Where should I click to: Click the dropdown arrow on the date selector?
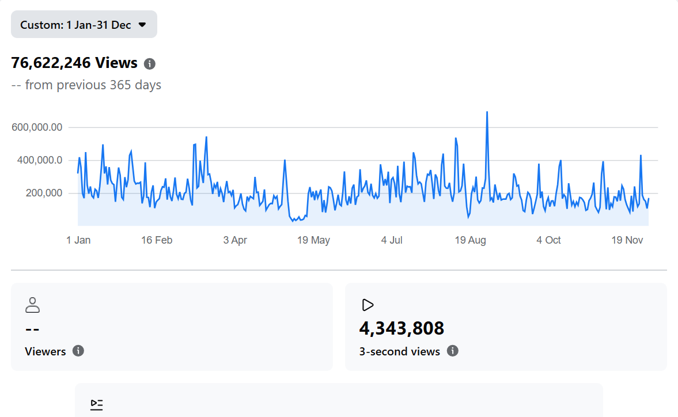(x=142, y=25)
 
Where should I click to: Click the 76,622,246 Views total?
(x=74, y=63)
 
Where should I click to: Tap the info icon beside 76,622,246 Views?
(x=150, y=63)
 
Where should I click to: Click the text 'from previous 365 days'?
(x=93, y=85)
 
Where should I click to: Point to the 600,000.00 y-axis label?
(x=37, y=127)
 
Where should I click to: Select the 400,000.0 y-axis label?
(x=37, y=160)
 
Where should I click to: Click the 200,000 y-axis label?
(x=44, y=193)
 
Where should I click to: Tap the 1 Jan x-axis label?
(x=78, y=240)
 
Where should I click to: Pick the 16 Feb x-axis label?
(x=157, y=240)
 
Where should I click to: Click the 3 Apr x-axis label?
(x=235, y=240)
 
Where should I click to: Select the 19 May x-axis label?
(x=313, y=240)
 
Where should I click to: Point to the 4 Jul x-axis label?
(x=392, y=240)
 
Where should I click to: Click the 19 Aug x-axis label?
(x=470, y=240)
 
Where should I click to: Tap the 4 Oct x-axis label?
(x=548, y=240)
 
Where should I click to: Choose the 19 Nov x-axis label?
(x=627, y=240)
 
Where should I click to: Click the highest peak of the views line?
(x=487, y=112)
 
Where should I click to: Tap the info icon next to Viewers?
(x=78, y=351)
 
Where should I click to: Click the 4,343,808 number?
(x=402, y=328)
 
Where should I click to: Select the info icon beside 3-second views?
(x=453, y=351)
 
